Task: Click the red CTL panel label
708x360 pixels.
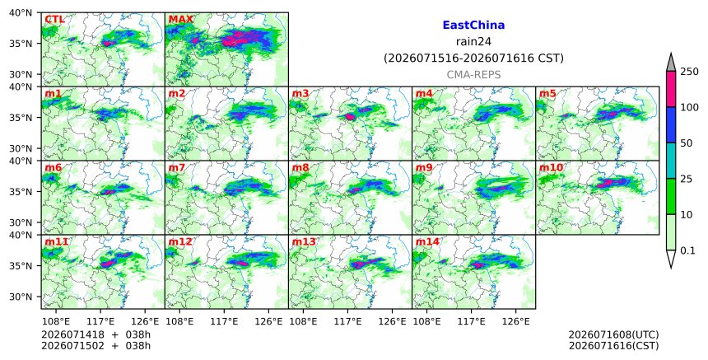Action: coord(54,20)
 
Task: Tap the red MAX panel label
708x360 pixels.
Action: coord(180,20)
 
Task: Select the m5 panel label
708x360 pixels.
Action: coord(547,93)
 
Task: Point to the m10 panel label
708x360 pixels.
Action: coord(551,167)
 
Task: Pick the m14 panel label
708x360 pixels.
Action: coord(427,241)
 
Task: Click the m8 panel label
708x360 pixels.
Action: coord(300,167)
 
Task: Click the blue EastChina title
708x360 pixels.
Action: coord(473,26)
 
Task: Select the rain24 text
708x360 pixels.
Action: coord(473,42)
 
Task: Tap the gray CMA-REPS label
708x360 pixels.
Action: coord(473,75)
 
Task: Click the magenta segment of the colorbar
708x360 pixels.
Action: coord(671,89)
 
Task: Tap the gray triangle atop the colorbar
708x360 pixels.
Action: coord(671,63)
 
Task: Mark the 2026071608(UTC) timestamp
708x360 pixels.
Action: coord(613,334)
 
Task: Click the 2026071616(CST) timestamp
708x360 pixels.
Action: coord(613,346)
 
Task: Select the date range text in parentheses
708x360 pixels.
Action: coord(473,58)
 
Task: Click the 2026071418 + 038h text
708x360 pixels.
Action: coord(95,334)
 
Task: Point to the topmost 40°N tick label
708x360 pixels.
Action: coord(21,12)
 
